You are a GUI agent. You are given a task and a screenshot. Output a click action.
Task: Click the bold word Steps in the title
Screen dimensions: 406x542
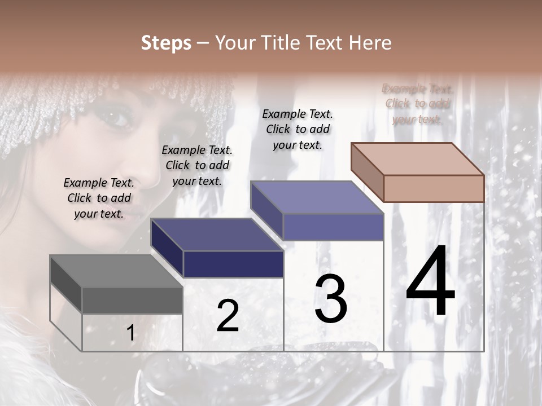166,43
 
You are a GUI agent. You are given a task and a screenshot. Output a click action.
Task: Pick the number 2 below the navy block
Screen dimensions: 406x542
228,316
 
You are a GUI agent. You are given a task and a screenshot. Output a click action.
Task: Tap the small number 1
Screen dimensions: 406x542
130,333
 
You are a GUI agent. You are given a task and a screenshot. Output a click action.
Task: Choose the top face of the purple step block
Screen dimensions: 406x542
317,198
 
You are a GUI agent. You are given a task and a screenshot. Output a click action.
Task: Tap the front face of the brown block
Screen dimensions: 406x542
434,188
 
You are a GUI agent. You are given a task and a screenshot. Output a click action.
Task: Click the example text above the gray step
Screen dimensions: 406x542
99,198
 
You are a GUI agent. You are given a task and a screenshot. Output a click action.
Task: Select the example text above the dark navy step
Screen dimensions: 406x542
197,165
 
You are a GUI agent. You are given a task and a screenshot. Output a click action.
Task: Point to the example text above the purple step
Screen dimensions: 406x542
298,129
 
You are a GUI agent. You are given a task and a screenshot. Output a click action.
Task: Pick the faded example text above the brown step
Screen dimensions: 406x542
417,104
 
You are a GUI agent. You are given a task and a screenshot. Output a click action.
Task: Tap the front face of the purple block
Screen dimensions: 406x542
333,227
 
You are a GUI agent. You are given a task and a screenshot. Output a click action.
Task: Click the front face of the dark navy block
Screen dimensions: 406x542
233,264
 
